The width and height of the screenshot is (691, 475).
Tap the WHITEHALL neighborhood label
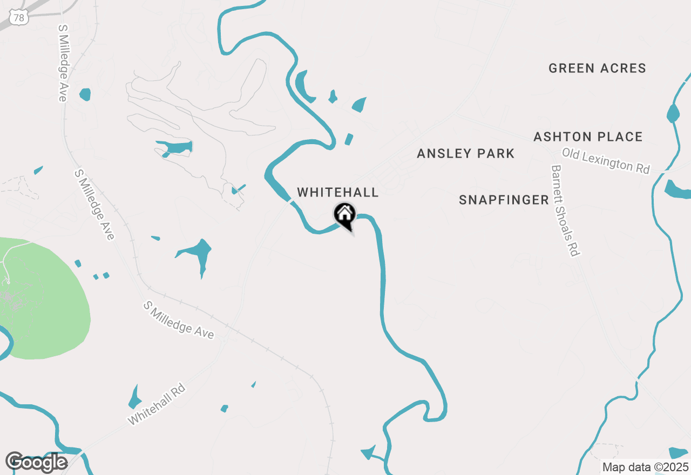[x=338, y=193]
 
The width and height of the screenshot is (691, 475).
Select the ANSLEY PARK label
[x=466, y=154]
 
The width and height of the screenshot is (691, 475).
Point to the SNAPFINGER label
[x=504, y=200]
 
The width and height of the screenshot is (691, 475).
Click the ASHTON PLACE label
[x=588, y=137]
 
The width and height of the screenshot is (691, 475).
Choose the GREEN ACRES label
[x=597, y=69]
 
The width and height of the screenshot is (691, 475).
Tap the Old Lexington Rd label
[x=606, y=161]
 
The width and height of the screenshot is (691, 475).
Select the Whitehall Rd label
[x=157, y=404]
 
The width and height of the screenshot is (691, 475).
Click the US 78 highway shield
[x=19, y=18]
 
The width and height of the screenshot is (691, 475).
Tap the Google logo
[x=36, y=463]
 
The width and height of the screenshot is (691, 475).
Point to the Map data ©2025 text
[x=645, y=467]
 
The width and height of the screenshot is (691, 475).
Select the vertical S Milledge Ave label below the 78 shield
[x=63, y=63]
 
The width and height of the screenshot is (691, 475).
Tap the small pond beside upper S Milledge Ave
[x=85, y=94]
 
